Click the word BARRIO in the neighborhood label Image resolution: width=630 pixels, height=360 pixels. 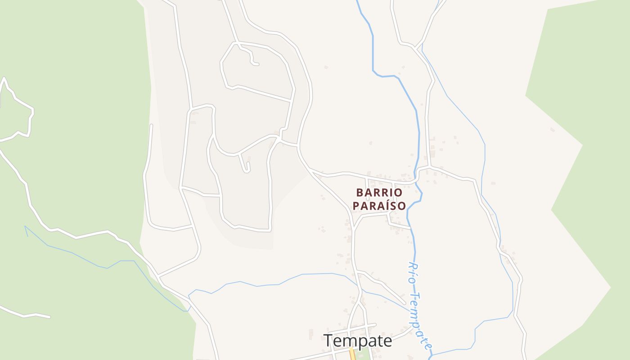(x=379, y=193)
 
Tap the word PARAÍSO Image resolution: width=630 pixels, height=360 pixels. (x=379, y=206)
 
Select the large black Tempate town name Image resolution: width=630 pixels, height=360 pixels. (x=358, y=341)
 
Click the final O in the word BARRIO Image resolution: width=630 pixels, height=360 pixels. (x=398, y=193)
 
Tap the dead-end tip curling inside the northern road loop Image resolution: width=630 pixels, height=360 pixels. (x=257, y=64)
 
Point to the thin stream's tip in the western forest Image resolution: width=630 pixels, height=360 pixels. (x=25, y=226)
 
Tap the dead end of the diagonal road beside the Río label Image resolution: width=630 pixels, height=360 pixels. (x=405, y=304)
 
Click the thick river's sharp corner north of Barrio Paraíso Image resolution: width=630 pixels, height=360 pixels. (x=373, y=71)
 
